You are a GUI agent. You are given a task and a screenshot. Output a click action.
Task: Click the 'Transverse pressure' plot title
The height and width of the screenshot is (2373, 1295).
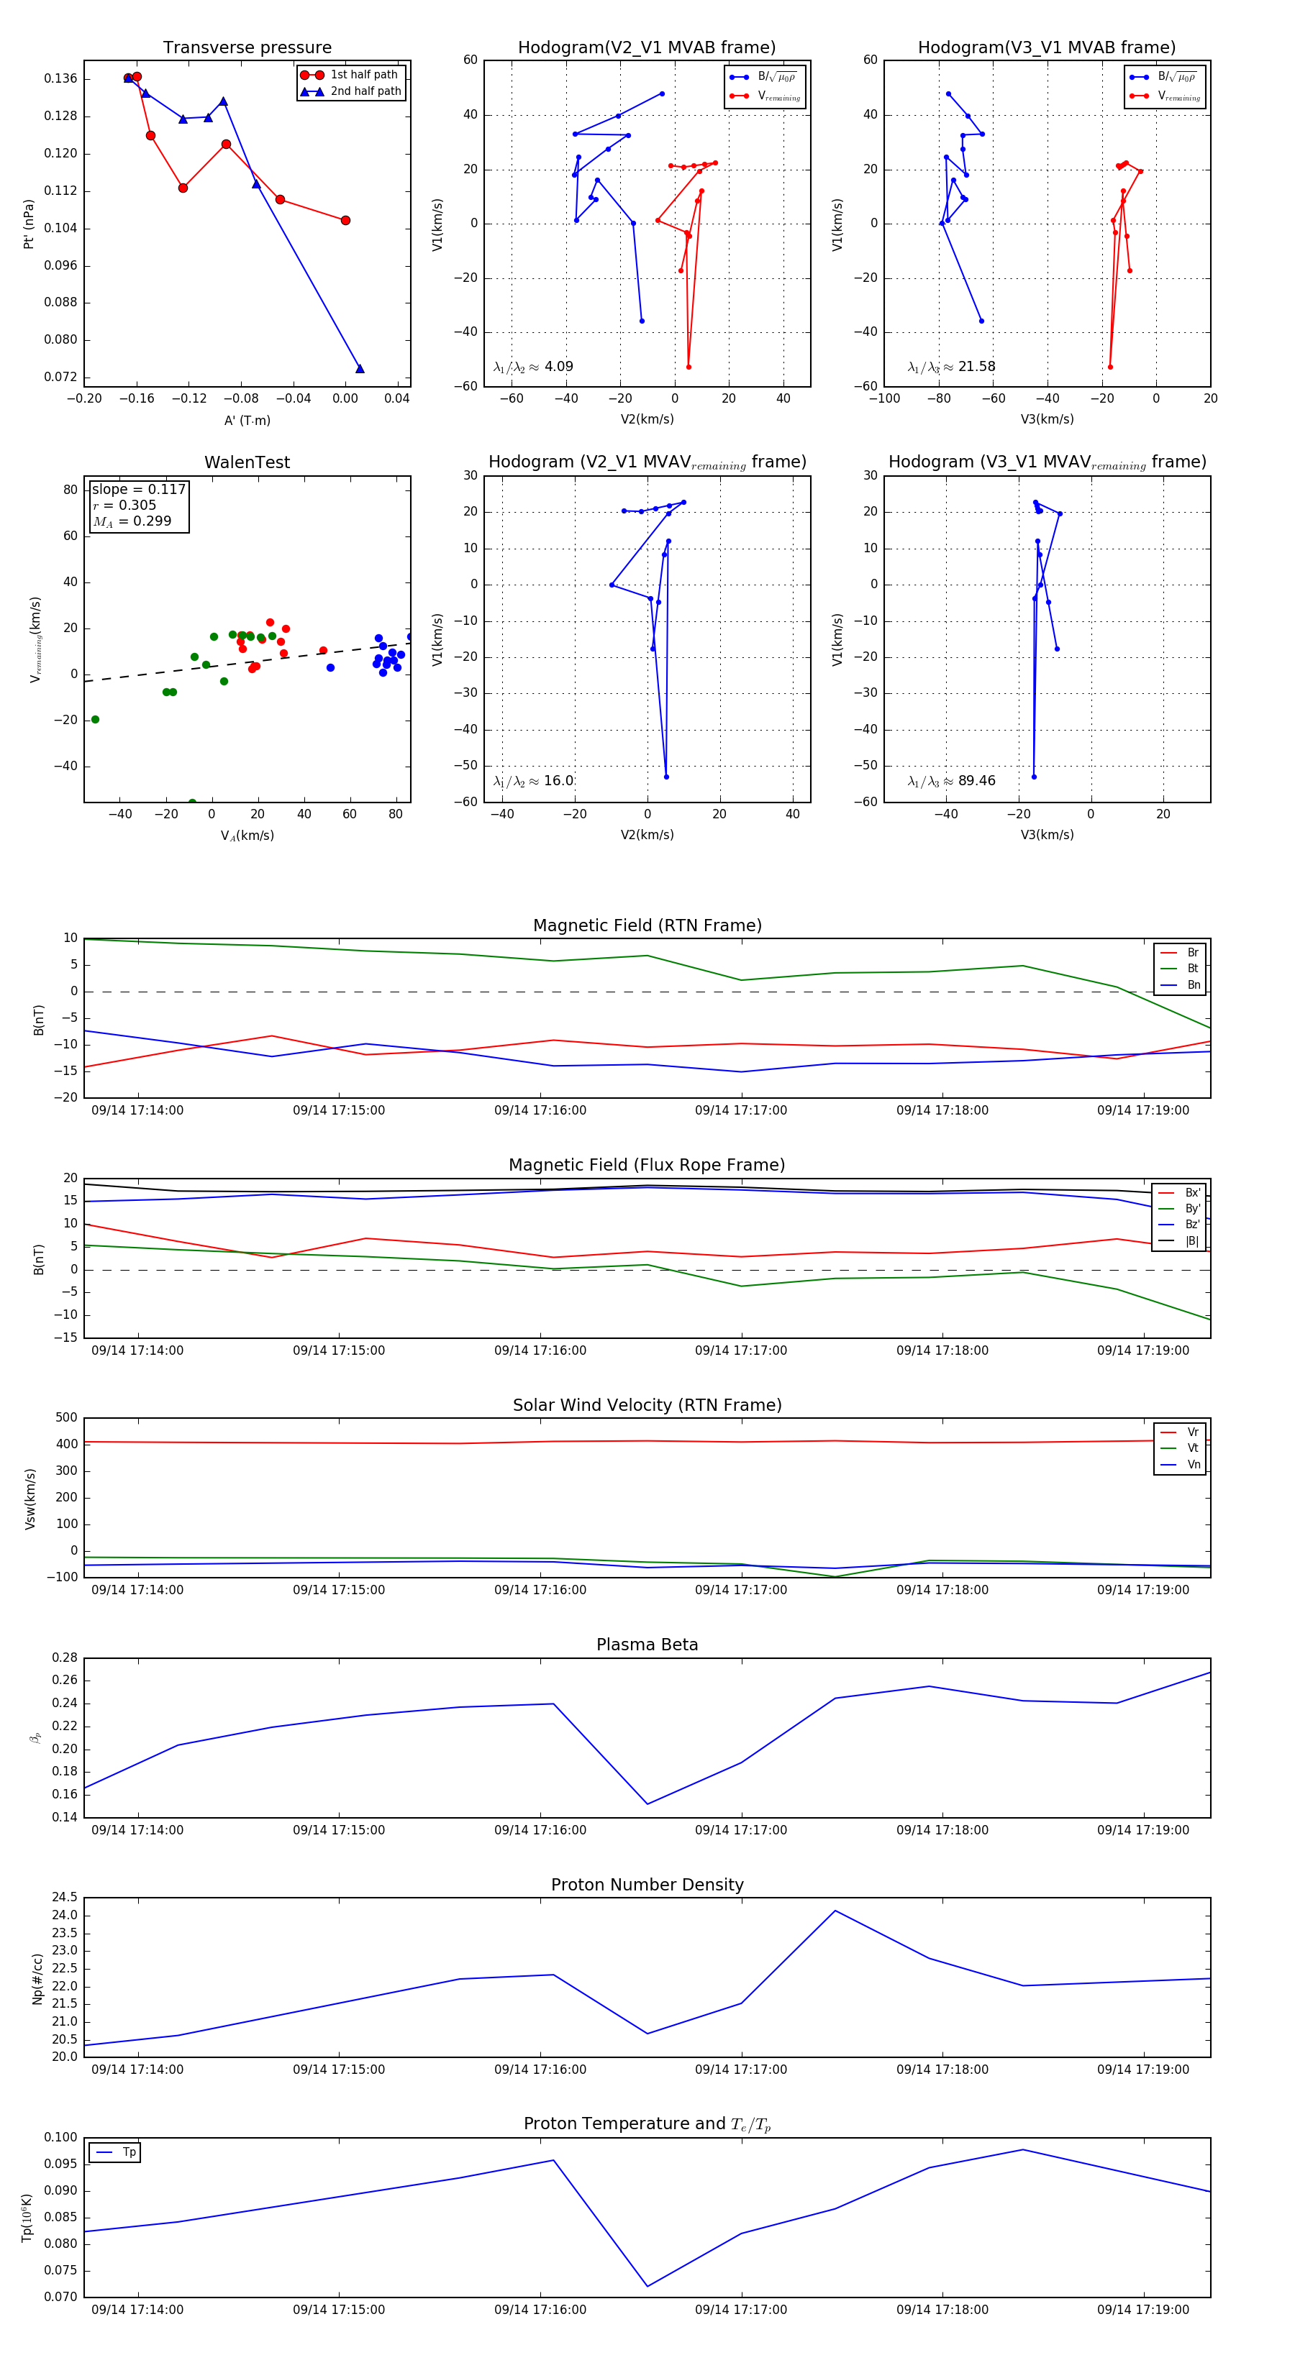coord(247,48)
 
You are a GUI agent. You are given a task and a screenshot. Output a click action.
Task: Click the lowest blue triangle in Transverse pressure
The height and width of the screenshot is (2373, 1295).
coord(360,368)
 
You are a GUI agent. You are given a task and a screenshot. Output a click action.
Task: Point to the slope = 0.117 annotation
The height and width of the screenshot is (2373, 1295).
coord(138,489)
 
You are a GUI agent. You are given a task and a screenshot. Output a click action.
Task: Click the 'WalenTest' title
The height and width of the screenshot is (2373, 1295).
coord(247,462)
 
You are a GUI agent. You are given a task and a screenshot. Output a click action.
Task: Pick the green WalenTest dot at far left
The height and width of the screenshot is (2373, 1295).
coord(95,720)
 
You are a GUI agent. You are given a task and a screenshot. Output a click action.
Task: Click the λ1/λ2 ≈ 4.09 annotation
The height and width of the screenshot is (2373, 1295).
coord(532,367)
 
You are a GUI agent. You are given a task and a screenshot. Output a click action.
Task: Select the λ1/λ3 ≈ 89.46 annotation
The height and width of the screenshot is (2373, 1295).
coord(951,781)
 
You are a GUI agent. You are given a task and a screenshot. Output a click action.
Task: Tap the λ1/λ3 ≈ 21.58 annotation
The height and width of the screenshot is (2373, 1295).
coord(951,367)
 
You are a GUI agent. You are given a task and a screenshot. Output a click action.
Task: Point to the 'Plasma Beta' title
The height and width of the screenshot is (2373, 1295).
coord(647,1645)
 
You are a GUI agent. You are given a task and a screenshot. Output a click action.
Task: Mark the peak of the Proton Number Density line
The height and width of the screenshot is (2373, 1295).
coord(835,1911)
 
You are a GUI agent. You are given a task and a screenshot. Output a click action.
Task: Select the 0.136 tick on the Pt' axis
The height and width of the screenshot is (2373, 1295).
coord(61,78)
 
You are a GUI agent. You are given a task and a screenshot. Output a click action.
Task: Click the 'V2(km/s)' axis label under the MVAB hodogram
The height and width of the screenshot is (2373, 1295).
coord(647,420)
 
